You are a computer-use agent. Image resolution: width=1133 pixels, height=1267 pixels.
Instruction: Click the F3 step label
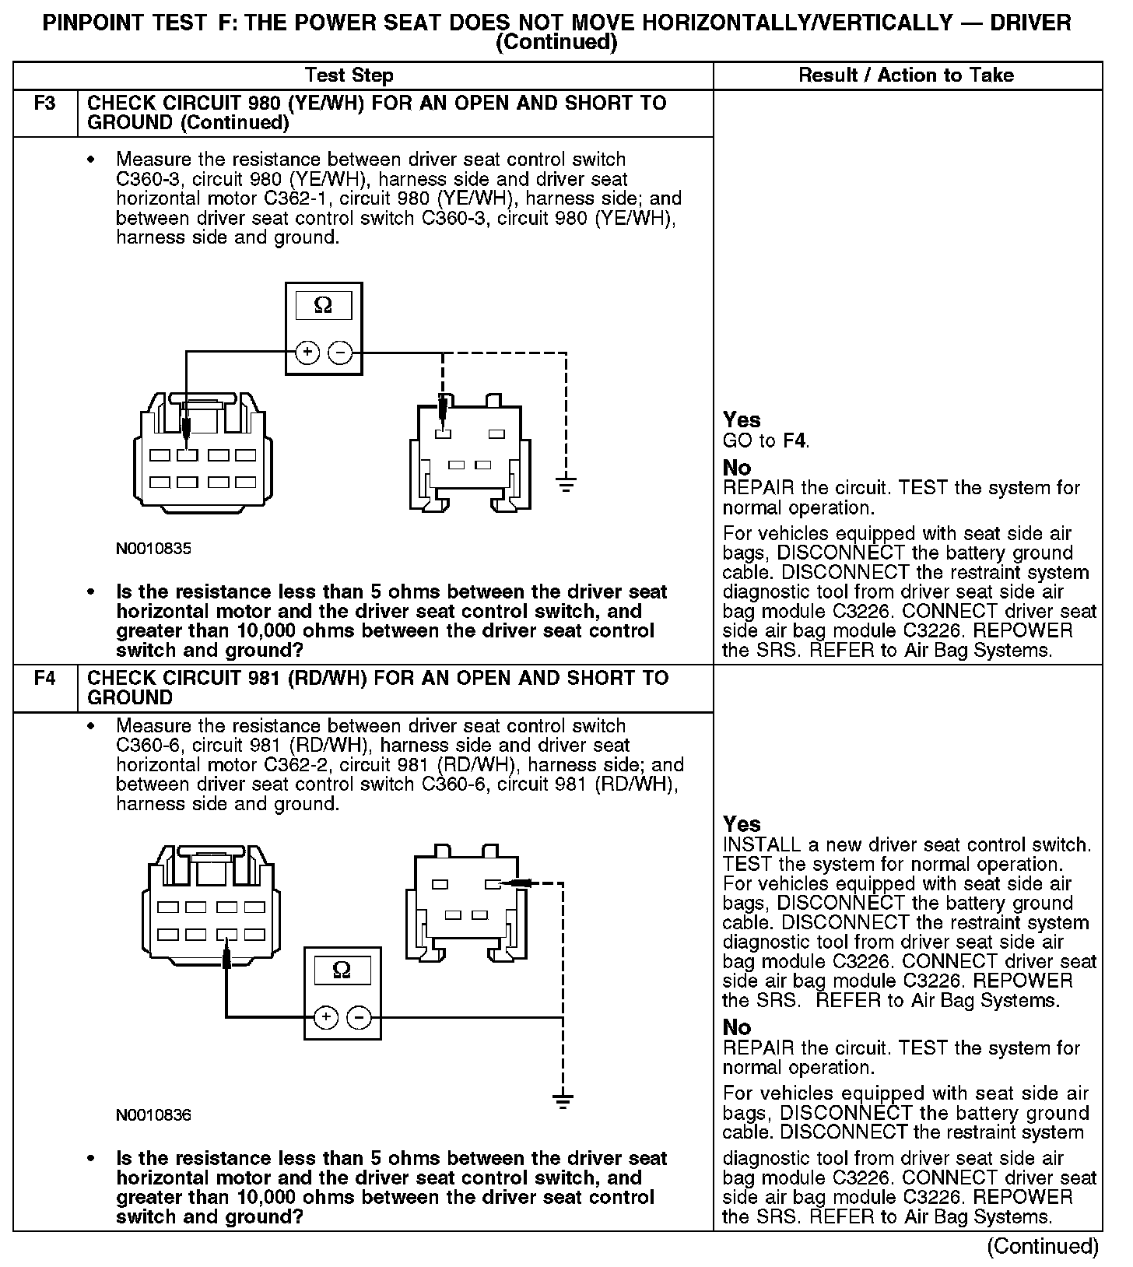(x=45, y=104)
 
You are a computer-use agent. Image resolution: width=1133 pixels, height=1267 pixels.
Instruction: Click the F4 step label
(x=45, y=678)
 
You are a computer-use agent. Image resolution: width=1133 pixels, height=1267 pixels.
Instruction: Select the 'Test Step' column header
(x=349, y=75)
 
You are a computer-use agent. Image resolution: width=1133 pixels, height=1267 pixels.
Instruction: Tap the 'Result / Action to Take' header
(x=906, y=75)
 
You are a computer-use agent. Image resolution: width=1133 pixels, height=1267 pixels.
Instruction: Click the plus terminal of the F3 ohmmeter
(x=308, y=353)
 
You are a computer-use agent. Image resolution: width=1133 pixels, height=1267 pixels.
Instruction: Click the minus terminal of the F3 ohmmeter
(x=340, y=353)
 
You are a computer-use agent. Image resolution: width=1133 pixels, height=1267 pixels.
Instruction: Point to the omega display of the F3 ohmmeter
(x=323, y=306)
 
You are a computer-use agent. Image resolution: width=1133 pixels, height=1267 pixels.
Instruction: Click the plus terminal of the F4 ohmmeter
(x=326, y=1017)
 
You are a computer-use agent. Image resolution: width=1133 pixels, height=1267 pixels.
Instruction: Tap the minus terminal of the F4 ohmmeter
(x=358, y=1017)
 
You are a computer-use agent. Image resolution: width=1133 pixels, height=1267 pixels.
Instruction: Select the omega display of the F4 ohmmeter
(x=342, y=970)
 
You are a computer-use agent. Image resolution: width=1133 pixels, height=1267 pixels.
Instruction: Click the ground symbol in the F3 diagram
(x=566, y=485)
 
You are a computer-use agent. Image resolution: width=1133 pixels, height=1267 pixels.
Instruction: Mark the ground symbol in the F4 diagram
(x=563, y=1100)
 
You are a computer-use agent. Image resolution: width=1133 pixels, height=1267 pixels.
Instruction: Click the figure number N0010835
(x=153, y=549)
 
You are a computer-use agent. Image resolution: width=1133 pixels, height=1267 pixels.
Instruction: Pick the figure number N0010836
(x=153, y=1115)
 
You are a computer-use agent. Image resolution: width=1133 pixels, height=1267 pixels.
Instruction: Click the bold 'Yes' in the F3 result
(x=742, y=420)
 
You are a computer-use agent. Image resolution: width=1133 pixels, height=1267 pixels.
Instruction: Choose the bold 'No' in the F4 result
(x=737, y=1027)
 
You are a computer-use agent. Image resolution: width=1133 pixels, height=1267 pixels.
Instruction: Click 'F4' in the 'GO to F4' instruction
(x=795, y=441)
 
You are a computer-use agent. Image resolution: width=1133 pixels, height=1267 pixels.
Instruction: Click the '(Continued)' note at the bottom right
(x=1043, y=1246)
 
